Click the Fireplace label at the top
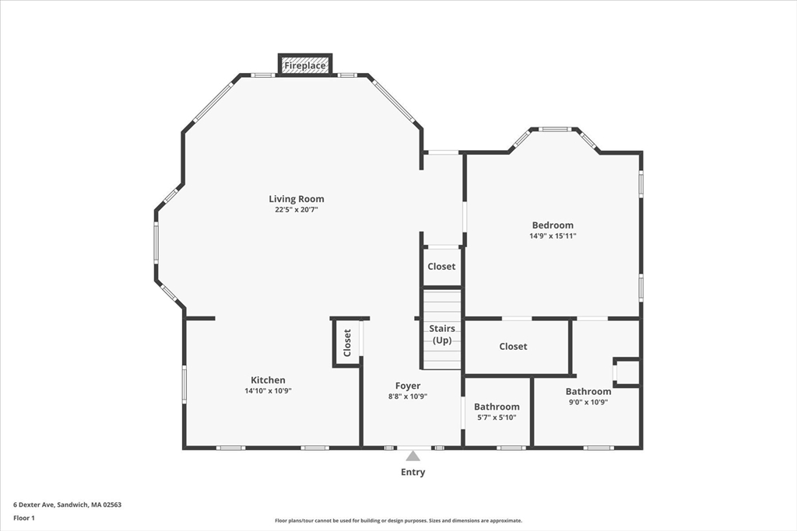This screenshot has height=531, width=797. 305,66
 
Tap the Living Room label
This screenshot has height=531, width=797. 297,199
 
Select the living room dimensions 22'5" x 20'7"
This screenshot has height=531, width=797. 297,210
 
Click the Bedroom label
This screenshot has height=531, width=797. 553,225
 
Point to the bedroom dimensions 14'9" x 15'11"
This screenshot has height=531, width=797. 553,236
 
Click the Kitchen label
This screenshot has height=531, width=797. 268,380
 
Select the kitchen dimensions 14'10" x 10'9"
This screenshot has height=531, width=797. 268,391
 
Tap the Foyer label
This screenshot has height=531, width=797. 408,386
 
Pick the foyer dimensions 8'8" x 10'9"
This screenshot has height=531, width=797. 408,397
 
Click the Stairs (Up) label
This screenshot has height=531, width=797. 442,334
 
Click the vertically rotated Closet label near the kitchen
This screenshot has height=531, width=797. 347,342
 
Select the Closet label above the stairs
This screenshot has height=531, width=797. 441,267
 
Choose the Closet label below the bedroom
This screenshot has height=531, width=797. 513,347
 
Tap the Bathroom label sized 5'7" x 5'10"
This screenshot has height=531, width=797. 497,407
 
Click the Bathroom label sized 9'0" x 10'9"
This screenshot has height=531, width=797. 588,392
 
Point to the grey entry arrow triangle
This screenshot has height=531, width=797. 413,456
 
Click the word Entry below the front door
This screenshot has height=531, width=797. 413,472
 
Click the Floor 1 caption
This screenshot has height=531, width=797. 24,517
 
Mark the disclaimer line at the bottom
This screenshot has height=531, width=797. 398,521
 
